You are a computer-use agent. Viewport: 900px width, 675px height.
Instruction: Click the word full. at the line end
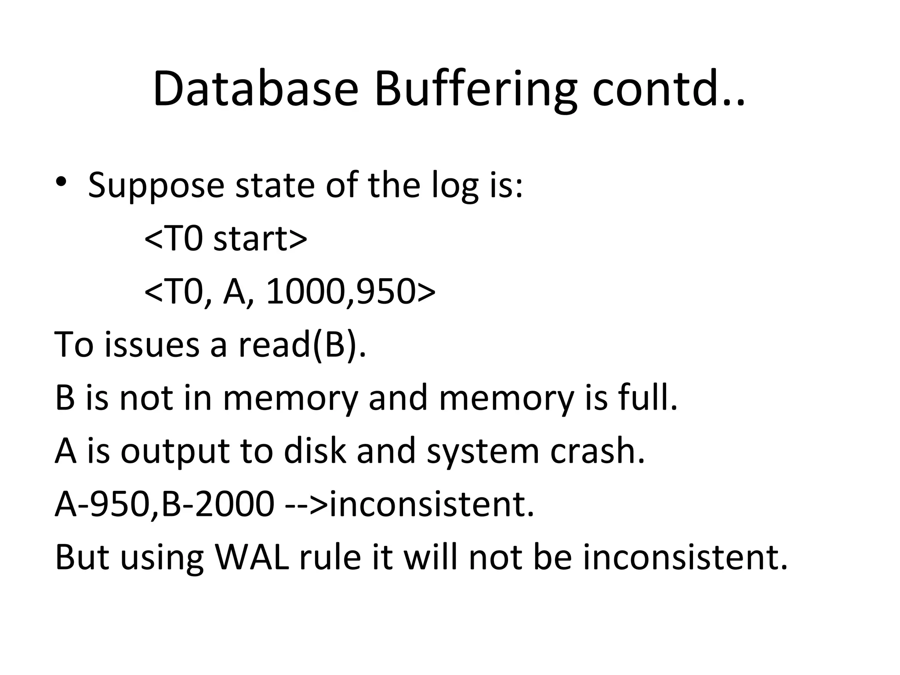[x=648, y=398]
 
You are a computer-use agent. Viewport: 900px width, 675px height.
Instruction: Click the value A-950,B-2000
[x=164, y=504]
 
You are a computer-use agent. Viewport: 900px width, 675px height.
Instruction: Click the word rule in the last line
[x=330, y=557]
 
